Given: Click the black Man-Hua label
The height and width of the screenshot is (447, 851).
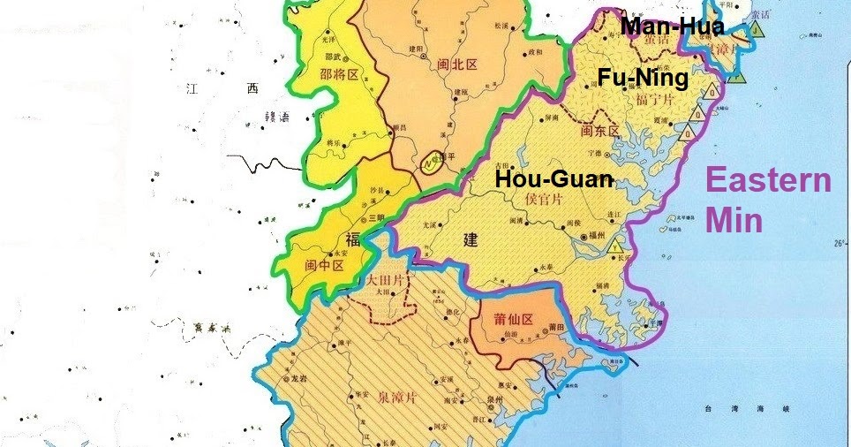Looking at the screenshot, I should click(673, 27).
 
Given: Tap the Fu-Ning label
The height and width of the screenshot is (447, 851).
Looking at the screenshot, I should click(643, 78).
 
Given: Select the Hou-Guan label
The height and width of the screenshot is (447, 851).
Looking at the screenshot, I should click(553, 179).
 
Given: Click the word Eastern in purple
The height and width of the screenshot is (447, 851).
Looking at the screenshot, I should click(769, 182).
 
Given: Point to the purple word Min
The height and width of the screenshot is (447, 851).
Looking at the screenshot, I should click(734, 219).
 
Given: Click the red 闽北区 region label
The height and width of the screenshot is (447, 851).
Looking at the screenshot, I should click(456, 64).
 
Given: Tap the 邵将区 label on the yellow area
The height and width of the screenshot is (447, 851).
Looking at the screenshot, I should click(339, 75).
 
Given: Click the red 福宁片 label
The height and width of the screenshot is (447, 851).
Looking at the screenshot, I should click(654, 99).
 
